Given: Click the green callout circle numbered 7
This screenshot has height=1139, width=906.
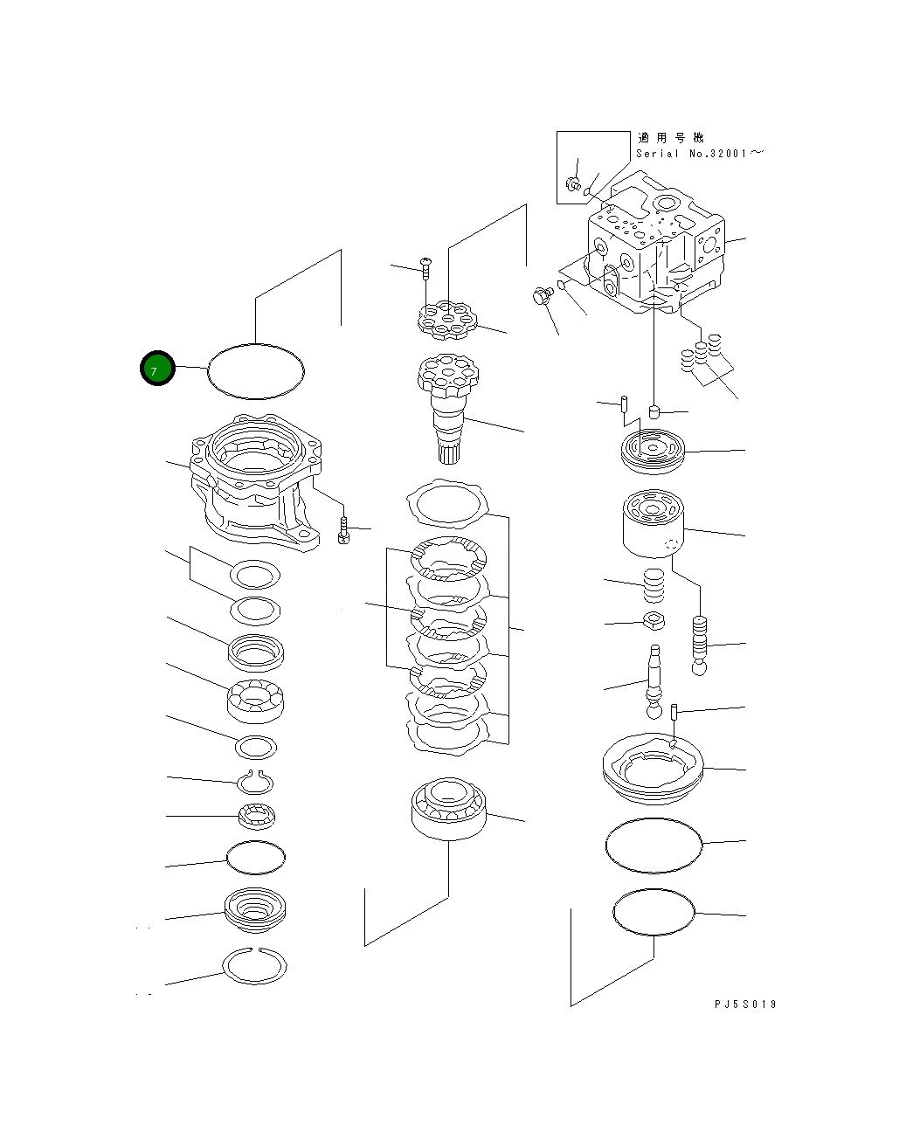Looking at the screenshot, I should point(157,369).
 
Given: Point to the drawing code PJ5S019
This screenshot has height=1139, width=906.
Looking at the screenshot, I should point(744,1004).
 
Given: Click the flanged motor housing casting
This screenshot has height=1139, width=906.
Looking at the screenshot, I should point(253,485).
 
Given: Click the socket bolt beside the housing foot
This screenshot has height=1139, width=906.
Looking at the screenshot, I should point(343,529).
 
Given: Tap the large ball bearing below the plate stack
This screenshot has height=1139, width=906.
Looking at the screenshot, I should point(448,809).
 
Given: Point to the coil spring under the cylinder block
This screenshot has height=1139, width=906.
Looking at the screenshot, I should point(654,584).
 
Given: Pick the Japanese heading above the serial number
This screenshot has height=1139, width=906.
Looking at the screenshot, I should point(670,137).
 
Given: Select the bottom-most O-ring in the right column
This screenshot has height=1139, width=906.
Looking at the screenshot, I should point(654,912).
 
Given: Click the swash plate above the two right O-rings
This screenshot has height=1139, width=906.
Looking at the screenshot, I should point(654,766).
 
